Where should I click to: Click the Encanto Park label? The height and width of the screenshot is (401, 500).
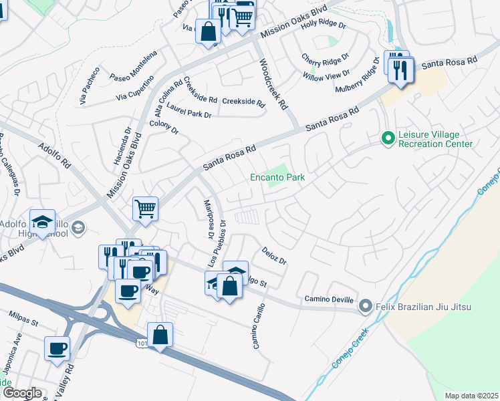point(277,178)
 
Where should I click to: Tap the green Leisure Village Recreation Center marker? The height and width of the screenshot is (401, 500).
point(386,138)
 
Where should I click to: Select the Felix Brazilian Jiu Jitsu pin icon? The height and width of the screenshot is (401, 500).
point(365,307)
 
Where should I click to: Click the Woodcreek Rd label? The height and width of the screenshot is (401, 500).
point(272,85)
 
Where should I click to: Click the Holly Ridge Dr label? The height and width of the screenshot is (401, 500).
point(323,25)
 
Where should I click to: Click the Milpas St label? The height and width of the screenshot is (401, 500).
point(25,318)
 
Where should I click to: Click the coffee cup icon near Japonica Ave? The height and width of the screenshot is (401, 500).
point(57,348)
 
